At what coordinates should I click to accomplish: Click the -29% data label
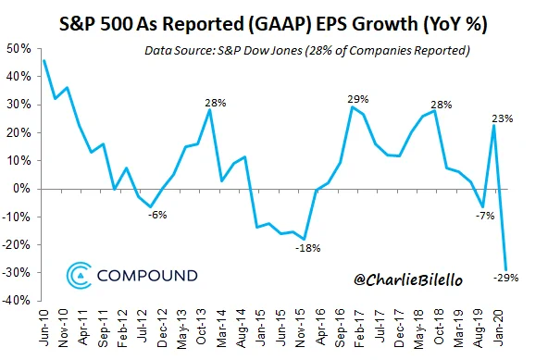coord(505,278)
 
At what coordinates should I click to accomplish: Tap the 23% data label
coord(503,118)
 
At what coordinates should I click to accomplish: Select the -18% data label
coord(308,248)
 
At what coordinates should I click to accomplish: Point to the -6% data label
coord(157,215)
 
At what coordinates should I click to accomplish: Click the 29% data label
coord(358,99)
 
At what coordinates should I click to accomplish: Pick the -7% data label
coord(485,216)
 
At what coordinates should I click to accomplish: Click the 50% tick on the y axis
coord(19,49)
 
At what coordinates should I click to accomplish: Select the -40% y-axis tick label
coord(16,301)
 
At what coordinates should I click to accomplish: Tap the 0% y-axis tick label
coord(22,189)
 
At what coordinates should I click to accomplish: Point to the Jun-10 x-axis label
coord(44,328)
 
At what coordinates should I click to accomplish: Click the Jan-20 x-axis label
coord(499,328)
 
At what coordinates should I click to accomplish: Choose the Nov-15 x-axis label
coord(301,329)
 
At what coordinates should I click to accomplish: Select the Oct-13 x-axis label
coord(202,328)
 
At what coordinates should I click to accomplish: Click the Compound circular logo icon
coord(79,276)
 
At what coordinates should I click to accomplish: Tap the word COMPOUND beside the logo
coord(147,276)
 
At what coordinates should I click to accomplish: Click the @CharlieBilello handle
coord(408,279)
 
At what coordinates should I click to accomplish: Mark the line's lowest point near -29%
coord(505,270)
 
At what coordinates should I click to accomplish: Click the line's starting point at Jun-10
coord(44,60)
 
